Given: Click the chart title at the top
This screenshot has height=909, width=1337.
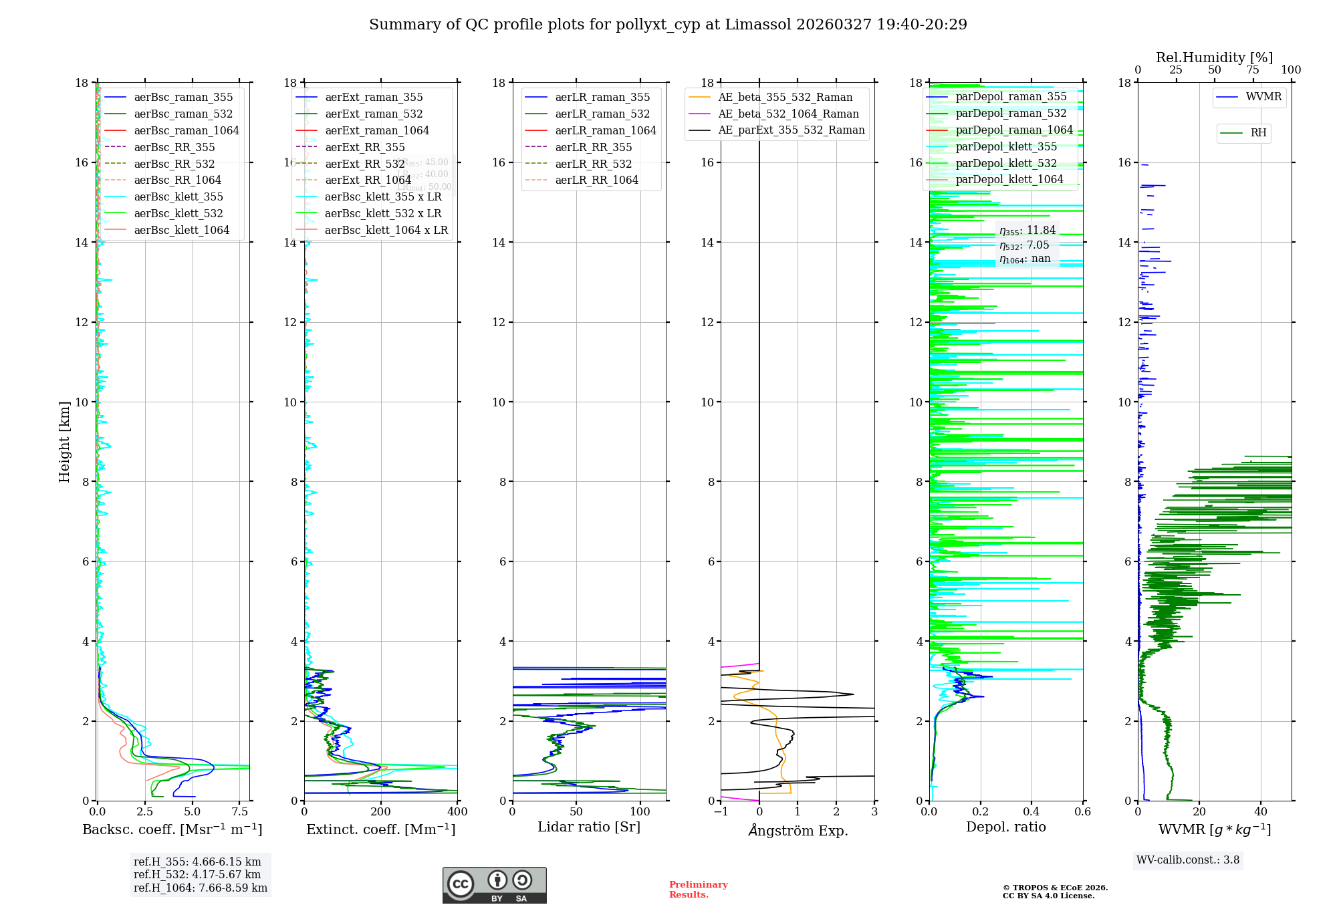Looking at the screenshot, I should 668,25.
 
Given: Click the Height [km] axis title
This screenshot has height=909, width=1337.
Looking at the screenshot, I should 64,441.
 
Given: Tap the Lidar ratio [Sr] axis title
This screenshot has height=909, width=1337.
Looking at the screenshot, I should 588,827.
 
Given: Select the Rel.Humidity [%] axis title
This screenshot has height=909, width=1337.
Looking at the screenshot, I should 1214,57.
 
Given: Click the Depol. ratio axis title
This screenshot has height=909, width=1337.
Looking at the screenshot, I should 1005,827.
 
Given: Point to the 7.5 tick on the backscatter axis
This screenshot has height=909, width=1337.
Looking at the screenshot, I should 240,812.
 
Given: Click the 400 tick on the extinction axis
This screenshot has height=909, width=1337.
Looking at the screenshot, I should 457,812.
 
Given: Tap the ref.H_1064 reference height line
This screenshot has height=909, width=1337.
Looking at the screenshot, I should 200,888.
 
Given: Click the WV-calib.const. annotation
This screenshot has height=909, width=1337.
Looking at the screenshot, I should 1187,860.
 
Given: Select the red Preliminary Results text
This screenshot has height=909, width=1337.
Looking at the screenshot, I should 698,889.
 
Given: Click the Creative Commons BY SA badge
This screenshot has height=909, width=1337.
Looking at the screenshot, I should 494,885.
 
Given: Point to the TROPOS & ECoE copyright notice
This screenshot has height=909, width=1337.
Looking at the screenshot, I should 1055,892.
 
